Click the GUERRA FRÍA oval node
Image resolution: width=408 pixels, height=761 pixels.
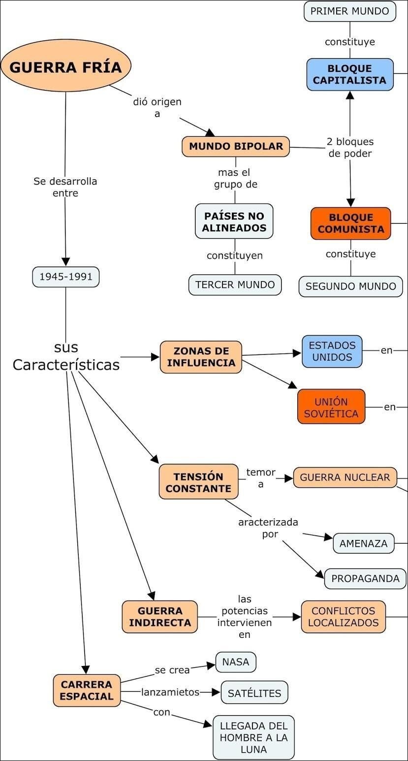point(65,67)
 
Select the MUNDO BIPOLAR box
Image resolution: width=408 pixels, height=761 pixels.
point(236,146)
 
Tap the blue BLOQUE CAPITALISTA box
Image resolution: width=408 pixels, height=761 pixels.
point(350,74)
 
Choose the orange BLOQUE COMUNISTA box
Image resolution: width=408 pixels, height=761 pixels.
point(350,223)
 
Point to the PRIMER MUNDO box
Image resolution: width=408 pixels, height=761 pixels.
point(349,11)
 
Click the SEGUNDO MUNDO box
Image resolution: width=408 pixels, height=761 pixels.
point(350,286)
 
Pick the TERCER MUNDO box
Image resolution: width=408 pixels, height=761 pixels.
point(235,285)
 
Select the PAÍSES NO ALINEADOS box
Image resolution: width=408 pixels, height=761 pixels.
point(234,222)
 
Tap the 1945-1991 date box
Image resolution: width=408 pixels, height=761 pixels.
point(66,277)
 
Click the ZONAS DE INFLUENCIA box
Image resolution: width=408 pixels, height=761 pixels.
point(201,357)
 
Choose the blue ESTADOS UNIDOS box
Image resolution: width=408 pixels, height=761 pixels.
point(332,351)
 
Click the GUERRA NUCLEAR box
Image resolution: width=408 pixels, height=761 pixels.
point(345,477)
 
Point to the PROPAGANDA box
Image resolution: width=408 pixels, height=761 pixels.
point(365,578)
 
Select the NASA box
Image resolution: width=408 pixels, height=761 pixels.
point(236,662)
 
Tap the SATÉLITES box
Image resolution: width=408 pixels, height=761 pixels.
point(254,693)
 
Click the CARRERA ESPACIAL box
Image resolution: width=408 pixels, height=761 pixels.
point(87,690)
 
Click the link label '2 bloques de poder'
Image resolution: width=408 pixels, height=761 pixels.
point(350,147)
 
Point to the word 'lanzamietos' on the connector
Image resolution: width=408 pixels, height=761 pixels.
point(170,692)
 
